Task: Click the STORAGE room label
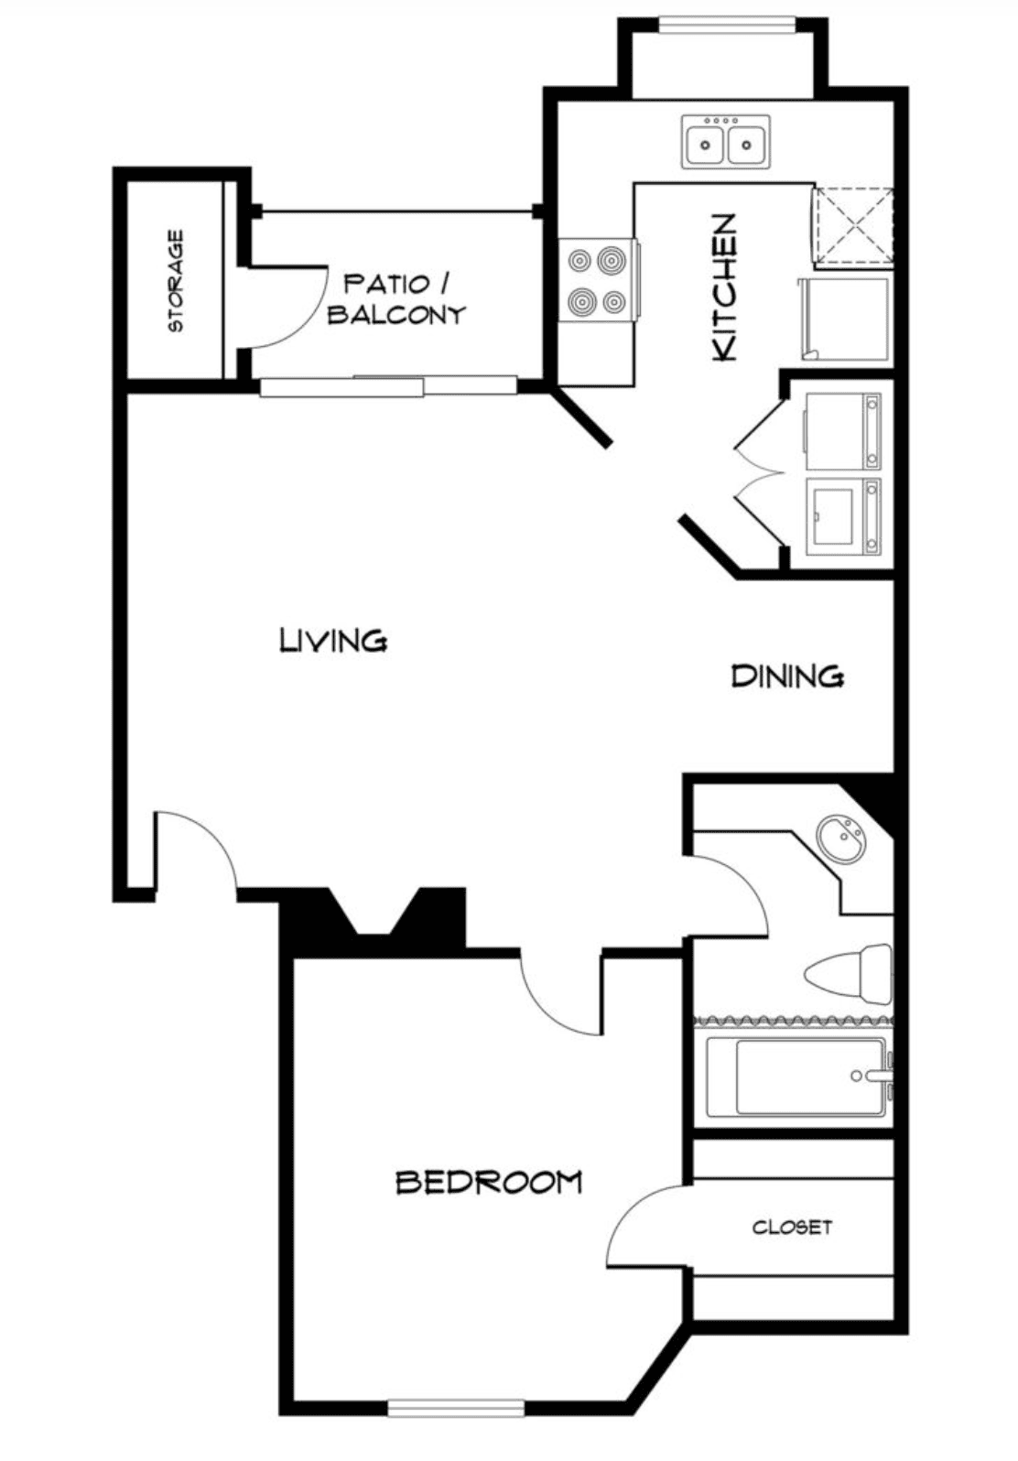click(x=176, y=281)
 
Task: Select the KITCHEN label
click(x=725, y=287)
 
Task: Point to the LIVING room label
click(x=334, y=640)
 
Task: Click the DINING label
click(x=788, y=676)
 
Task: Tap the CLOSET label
click(x=792, y=1228)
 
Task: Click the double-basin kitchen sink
click(x=726, y=142)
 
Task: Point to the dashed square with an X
click(x=853, y=228)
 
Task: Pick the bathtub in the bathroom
click(x=798, y=1077)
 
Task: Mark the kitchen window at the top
click(x=727, y=24)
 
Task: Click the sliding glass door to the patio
click(x=389, y=386)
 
